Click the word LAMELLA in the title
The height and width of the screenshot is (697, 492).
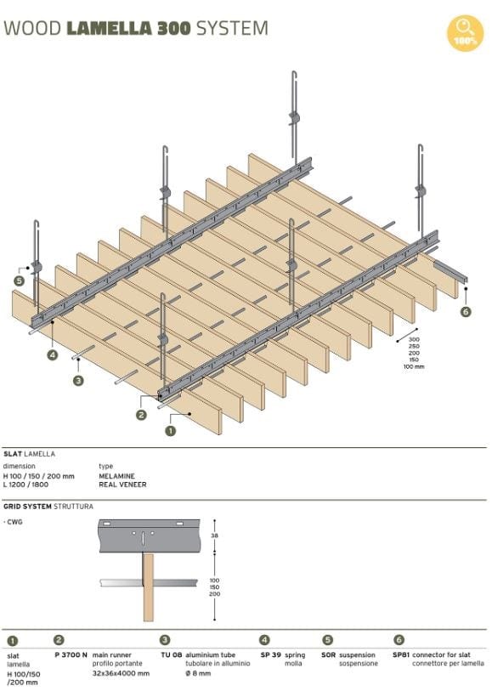tap(109, 28)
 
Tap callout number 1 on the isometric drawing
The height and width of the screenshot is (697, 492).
tap(171, 431)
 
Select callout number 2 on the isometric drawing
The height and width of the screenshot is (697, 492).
tap(141, 415)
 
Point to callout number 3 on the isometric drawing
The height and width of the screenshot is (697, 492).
tap(78, 381)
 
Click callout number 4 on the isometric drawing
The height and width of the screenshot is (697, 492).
tap(53, 354)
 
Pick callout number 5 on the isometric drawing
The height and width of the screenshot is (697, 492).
tap(19, 280)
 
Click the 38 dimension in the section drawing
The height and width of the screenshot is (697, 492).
tap(214, 536)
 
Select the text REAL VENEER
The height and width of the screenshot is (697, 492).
tap(122, 484)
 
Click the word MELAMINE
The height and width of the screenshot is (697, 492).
tap(117, 476)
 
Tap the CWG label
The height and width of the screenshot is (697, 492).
tap(14, 522)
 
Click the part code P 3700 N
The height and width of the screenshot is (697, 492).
tap(71, 655)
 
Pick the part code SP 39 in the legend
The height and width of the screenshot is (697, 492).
tap(270, 655)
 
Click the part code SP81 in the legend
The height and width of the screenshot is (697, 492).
tap(400, 655)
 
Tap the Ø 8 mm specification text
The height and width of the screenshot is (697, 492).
tap(198, 672)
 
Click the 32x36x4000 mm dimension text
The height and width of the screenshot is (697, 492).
tap(121, 672)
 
